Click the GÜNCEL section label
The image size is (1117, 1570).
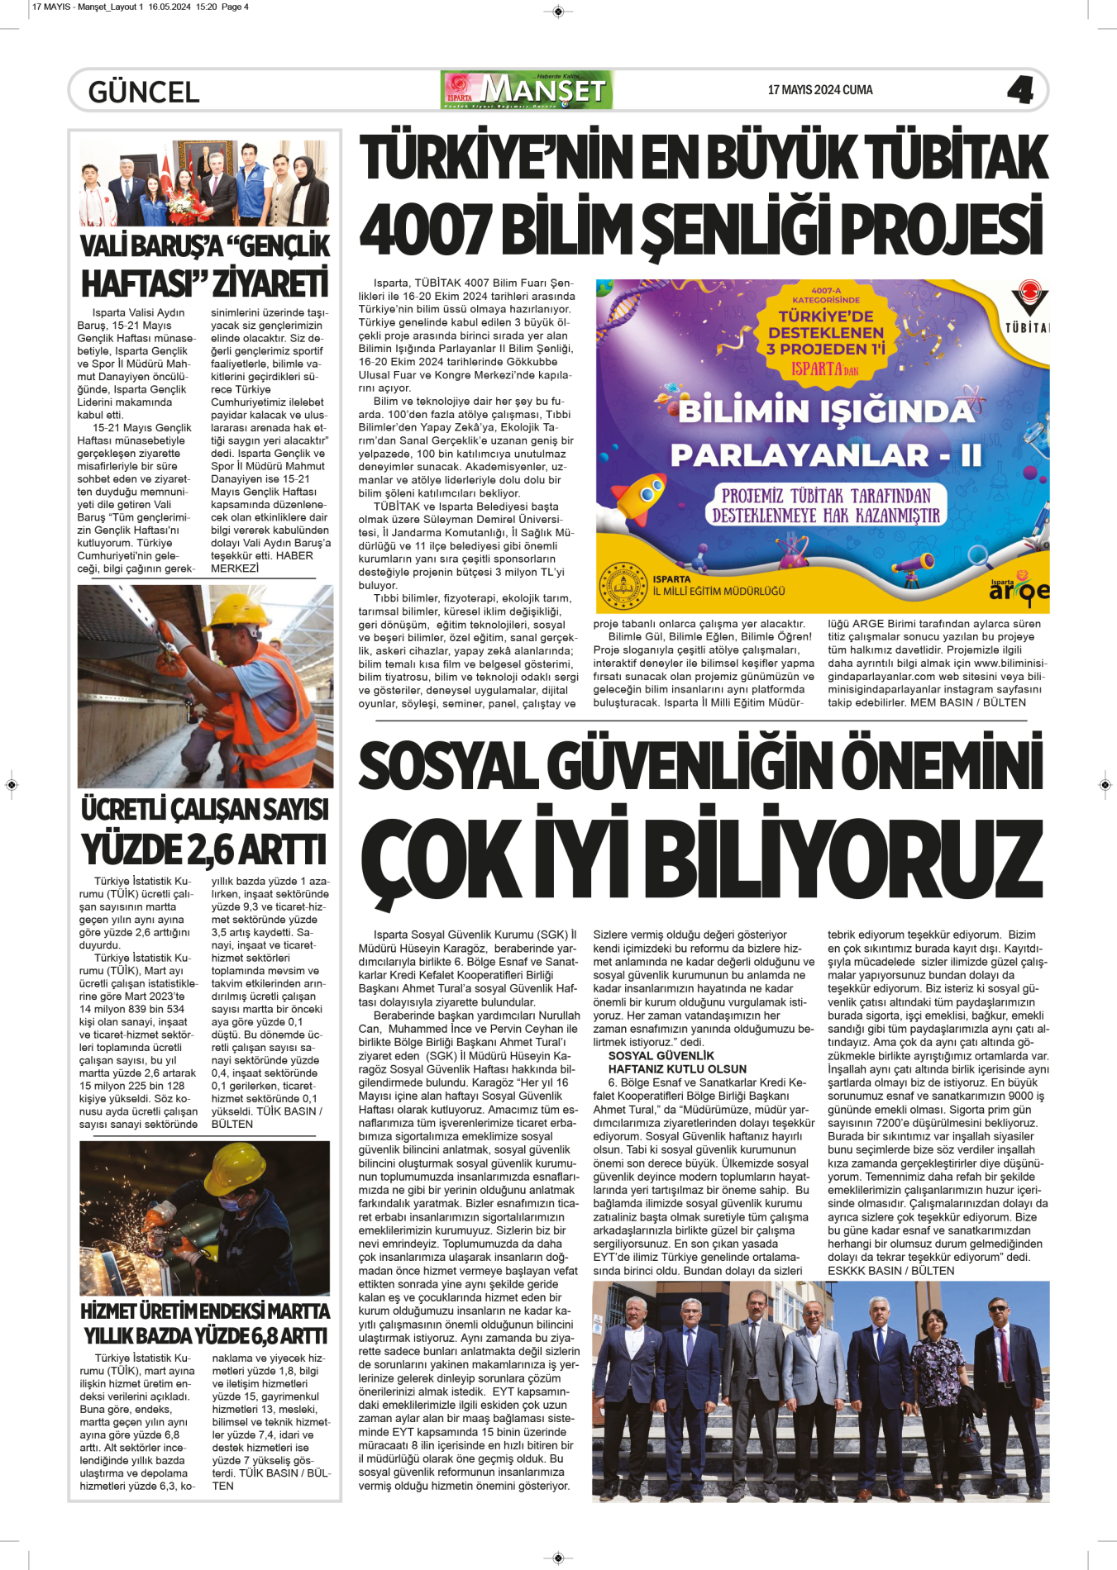tap(144, 91)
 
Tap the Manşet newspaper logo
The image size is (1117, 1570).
tap(527, 90)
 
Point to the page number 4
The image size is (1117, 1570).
tap(1020, 90)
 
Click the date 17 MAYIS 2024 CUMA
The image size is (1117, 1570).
tap(819, 90)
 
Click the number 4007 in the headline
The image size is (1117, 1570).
tap(426, 230)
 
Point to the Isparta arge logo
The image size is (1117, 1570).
tap(1019, 588)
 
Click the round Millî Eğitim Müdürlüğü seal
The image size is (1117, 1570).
tap(623, 585)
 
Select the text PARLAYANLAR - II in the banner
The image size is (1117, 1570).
tap(825, 455)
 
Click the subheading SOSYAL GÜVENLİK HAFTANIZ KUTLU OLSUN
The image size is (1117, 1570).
tap(677, 1063)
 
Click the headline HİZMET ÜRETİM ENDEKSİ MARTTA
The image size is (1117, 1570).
tap(205, 1311)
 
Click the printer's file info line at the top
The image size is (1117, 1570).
tap(141, 7)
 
